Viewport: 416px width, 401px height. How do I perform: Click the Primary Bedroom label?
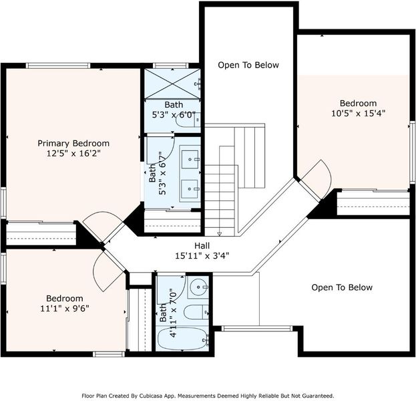[73, 144]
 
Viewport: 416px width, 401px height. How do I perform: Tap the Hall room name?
[202, 246]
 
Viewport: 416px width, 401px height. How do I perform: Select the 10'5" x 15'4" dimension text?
[358, 114]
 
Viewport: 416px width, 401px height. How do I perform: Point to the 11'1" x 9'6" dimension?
[65, 309]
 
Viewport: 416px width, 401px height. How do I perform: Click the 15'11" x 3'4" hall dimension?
[202, 256]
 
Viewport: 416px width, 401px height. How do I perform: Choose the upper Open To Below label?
[248, 65]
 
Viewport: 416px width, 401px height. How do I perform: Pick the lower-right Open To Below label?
[342, 287]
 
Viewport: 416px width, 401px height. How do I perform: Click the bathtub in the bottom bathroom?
[182, 339]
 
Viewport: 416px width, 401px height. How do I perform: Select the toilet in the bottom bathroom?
[196, 312]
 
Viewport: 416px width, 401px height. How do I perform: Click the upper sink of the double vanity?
[190, 159]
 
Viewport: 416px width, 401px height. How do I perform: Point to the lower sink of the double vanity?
[190, 189]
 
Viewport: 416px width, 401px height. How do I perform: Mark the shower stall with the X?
[172, 84]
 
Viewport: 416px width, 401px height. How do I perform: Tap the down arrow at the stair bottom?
[220, 234]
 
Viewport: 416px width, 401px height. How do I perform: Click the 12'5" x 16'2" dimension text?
[73, 154]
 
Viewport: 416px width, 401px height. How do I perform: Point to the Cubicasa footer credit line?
[208, 396]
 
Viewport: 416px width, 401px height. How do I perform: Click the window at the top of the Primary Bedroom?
[58, 65]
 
